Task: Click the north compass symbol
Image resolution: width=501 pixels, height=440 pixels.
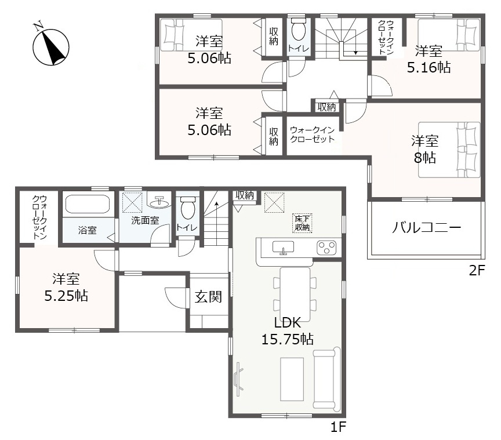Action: [x=51, y=46]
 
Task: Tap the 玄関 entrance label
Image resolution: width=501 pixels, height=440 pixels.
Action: [x=208, y=297]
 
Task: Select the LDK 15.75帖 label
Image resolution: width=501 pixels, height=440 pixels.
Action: [x=288, y=331]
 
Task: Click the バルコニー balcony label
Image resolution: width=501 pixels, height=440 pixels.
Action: [x=427, y=228]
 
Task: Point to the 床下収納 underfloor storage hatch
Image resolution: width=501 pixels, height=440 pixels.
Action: [x=302, y=223]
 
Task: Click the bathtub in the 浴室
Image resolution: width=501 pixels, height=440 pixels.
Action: [x=88, y=204]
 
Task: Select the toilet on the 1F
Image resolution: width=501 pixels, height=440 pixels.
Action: [x=187, y=208]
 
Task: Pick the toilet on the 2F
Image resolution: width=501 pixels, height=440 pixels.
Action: [x=299, y=29]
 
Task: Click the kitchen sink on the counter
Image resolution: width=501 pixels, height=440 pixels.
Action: [x=283, y=248]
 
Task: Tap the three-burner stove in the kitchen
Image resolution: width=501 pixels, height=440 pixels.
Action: [x=326, y=248]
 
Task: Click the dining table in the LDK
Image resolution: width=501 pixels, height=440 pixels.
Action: [x=295, y=294]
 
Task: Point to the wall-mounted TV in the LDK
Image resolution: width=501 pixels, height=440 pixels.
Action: [x=238, y=379]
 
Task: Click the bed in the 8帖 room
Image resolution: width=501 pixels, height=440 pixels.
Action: [x=449, y=150]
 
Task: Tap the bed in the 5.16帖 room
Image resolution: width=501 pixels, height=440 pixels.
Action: [x=449, y=35]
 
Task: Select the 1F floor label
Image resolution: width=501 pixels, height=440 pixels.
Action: [x=338, y=427]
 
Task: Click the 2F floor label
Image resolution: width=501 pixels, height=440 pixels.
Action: [x=477, y=271]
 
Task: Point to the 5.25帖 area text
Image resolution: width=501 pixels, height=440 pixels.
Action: [x=66, y=296]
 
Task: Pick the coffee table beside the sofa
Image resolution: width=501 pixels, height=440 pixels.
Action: [x=292, y=379]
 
